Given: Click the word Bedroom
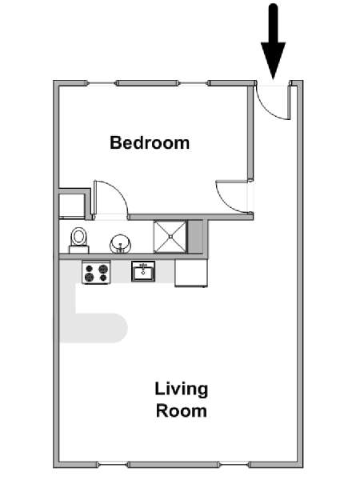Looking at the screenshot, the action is coord(150,142).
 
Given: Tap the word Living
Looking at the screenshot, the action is coord(182,390).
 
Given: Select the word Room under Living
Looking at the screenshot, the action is coord(182,411).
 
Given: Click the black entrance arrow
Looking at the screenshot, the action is coord(273,42).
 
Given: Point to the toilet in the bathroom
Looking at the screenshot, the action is coord(79,240).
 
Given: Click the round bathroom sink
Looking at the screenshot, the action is coord(120,244).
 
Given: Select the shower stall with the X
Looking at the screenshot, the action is coord(170,237).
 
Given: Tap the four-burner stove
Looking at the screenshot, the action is coord(96,273).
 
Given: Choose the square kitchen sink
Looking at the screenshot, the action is coord(143,271).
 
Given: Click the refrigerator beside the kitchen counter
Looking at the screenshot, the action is coord(191,273).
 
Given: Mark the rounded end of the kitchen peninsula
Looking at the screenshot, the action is coord(118,328).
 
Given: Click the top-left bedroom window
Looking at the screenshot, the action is coord(102,83).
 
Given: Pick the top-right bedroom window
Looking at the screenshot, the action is coord(194,83).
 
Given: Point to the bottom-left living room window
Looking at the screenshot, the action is coord(113,465).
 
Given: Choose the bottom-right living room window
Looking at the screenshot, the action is coord(234,465).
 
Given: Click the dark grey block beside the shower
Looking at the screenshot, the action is coord(195,237).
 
